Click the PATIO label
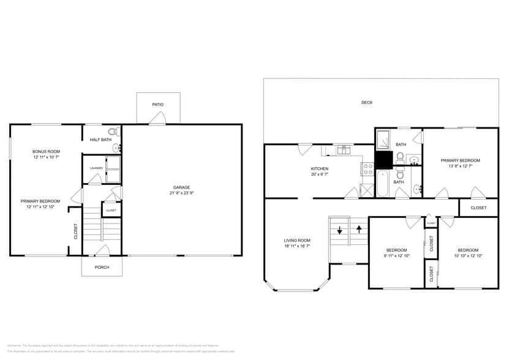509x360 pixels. tap(158, 105)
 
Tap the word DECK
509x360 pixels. tap(366, 102)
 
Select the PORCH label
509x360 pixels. tap(102, 267)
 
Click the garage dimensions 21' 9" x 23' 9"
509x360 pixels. tap(181, 193)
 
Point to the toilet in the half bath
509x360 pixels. tap(113, 132)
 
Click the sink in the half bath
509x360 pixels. tap(118, 148)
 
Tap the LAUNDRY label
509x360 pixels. tap(96, 168)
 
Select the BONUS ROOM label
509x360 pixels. tap(46, 151)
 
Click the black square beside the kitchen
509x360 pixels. tap(383, 160)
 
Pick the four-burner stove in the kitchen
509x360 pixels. tap(368, 169)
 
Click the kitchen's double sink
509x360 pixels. tap(344, 148)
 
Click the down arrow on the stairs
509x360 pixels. tap(339, 231)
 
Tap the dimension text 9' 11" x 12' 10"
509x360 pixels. tap(397, 256)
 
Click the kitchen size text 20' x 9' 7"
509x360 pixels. tap(319, 175)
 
